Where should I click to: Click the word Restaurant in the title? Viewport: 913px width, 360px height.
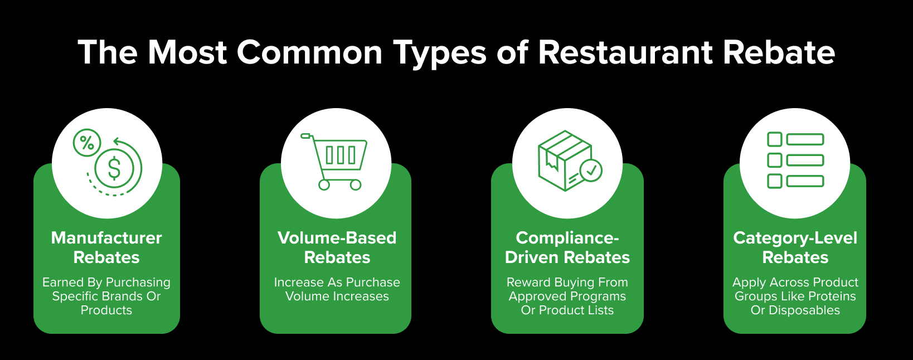coord(625,52)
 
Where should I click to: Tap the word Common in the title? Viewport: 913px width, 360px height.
coord(309,52)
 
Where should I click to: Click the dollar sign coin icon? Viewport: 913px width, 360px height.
coord(114,168)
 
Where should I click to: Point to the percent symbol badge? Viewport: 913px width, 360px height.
coord(87,143)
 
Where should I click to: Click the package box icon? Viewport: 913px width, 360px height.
coord(564,160)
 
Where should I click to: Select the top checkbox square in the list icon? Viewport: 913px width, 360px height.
coord(775,139)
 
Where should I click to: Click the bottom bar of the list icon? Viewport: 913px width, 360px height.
coord(805,181)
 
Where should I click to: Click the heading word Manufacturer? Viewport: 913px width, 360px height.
coord(106,238)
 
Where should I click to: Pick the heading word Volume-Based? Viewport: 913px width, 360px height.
coord(337,238)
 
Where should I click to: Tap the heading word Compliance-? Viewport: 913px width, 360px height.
coord(567,238)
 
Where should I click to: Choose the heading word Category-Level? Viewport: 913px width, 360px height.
coord(795,239)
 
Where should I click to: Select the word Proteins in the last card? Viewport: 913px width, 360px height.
coord(832,296)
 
